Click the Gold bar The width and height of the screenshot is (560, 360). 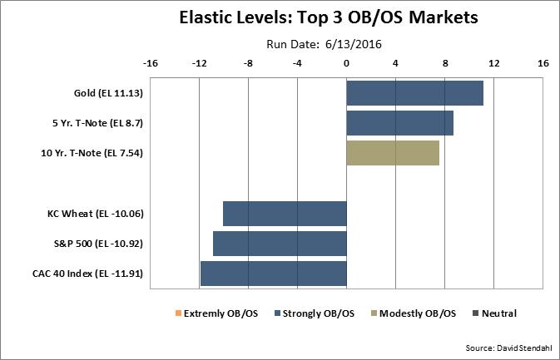coord(414,93)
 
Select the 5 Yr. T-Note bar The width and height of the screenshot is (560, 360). coord(399,123)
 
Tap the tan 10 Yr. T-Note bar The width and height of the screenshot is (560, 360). coord(392,153)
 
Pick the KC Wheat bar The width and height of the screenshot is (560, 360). coord(285,214)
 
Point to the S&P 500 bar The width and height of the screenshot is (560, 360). coord(280,244)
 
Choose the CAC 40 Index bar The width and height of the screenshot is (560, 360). coord(273,274)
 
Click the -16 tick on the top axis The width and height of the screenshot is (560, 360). coord(151,63)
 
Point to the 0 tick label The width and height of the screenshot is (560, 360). coord(346,63)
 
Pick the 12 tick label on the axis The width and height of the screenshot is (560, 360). coord(494,63)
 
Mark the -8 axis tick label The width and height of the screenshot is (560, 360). coord(248,63)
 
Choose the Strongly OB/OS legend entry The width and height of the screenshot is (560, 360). coord(314,313)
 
